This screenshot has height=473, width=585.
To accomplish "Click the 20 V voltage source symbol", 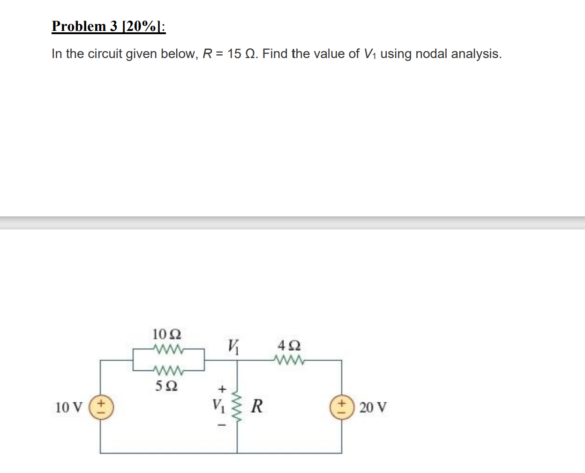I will pos(342,407).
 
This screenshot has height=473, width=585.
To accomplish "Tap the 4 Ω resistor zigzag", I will pos(289,360).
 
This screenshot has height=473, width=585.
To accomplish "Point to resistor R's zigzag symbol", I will pos(237,406).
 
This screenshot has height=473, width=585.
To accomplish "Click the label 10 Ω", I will pos(167,334).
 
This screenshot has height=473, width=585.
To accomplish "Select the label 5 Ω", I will pos(166,386).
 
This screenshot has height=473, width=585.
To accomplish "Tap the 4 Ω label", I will pos(289,346).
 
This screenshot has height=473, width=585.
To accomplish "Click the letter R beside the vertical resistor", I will pos(257,406).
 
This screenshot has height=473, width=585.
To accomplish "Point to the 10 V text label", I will pos(68,407).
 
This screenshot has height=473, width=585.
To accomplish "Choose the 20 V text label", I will pos(373,407).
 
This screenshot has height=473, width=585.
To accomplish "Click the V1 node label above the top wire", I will pos(233,347).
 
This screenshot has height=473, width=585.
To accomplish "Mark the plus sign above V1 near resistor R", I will pos(222,389).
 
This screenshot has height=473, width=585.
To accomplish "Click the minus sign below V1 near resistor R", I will pos(222,425).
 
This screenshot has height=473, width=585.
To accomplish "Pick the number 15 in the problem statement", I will pos(234,54).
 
